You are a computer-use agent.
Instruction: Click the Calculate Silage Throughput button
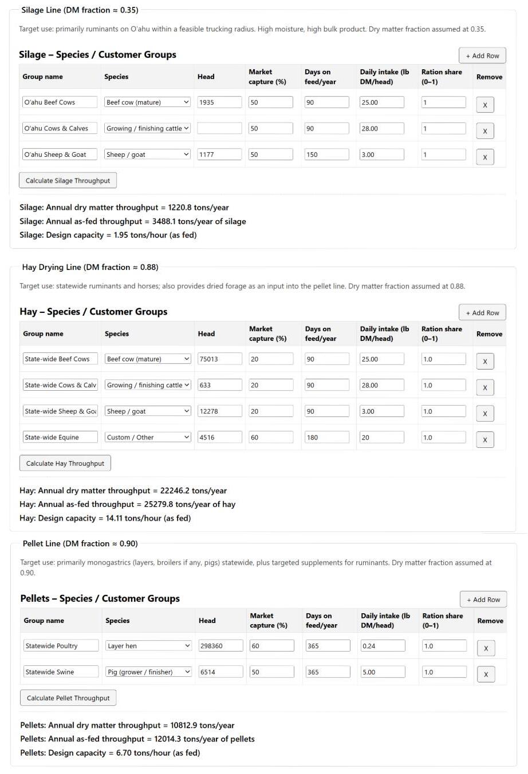68,181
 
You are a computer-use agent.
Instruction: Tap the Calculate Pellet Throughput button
68,698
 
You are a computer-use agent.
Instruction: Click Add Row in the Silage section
482,55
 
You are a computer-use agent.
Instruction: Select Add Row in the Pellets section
483,600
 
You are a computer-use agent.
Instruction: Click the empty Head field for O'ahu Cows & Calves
219,129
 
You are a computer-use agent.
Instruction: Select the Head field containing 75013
219,359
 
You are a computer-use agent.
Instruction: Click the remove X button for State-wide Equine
485,440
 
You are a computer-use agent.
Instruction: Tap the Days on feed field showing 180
326,438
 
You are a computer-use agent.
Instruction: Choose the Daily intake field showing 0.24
383,646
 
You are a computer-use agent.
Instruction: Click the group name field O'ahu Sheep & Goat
60,154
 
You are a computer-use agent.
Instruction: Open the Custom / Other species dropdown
148,438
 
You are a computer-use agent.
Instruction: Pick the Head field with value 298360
220,646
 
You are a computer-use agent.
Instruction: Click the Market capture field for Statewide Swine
271,672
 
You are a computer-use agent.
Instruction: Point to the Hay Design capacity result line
105,518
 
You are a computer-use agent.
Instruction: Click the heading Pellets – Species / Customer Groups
100,598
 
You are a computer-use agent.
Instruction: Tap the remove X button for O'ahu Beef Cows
484,105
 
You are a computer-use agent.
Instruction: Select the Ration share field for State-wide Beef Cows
444,359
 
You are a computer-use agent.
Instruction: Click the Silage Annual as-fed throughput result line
132,221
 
